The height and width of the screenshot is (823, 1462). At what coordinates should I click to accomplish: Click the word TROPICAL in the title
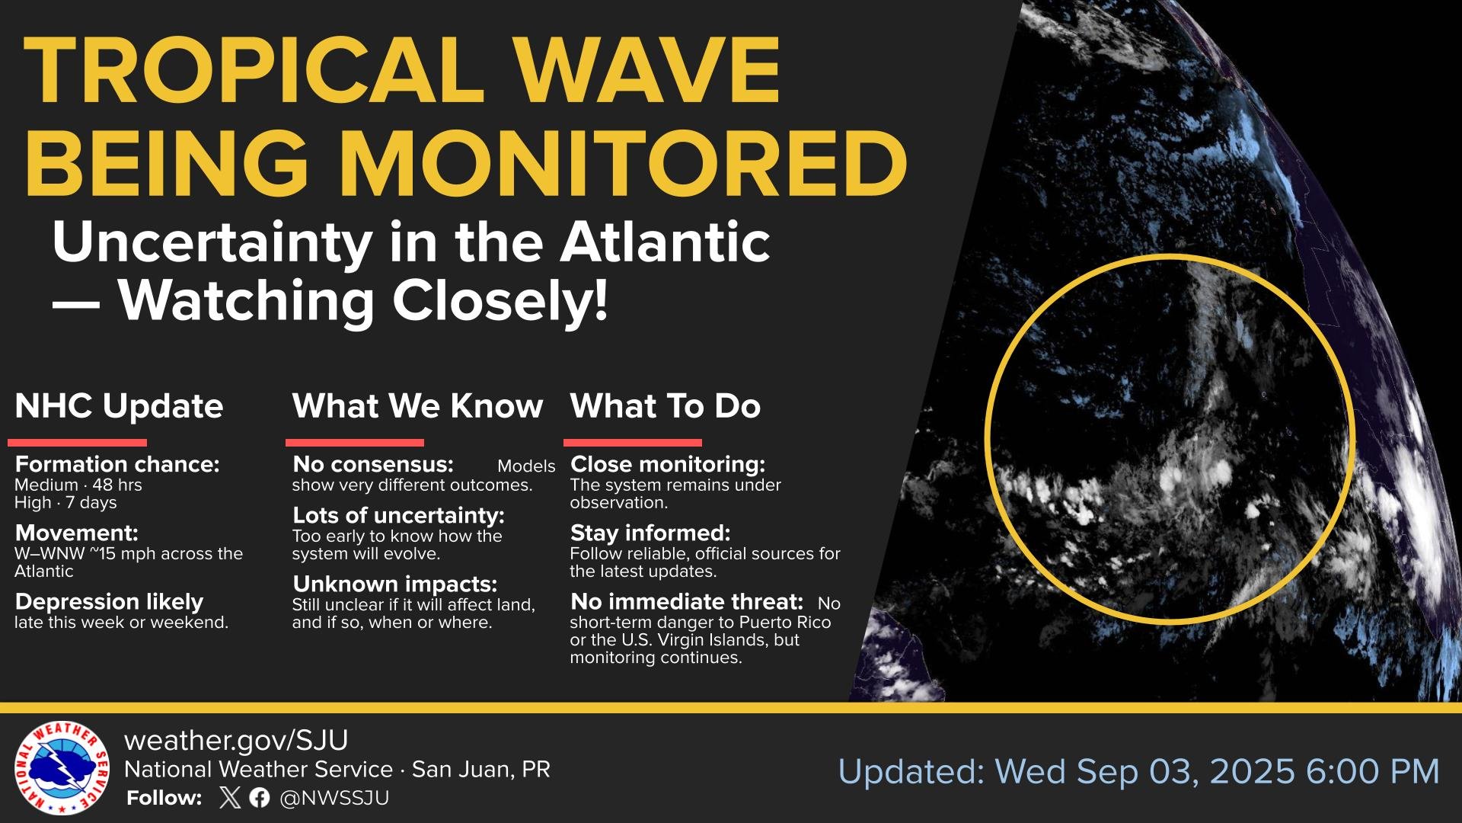256,70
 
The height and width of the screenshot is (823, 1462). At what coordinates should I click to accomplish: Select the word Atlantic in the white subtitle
665,243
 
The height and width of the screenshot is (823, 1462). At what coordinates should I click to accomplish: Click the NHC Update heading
119,406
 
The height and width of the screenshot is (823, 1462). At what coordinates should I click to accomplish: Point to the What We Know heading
417,406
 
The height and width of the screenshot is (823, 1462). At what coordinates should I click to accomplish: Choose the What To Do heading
666,406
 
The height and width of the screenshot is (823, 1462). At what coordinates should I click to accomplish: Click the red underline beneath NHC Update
77,443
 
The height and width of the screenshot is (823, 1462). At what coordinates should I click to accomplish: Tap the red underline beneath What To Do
633,443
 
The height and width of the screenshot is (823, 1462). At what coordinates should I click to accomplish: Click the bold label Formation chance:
117,465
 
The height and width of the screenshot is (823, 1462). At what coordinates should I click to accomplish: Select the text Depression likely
109,602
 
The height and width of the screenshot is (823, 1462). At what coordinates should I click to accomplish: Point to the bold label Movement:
76,533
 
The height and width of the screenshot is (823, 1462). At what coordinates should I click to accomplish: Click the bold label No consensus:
373,464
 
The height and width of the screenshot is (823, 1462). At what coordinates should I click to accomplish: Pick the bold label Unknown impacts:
394,584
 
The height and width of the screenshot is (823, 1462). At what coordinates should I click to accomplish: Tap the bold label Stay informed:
650,533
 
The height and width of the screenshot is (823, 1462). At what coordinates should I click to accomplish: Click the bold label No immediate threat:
687,602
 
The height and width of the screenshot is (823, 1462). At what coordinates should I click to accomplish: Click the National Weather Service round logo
62,768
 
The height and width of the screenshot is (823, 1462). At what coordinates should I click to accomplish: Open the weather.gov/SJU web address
236,741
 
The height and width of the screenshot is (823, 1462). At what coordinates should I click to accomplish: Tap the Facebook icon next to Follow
260,798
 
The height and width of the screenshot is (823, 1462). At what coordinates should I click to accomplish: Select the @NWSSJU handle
334,798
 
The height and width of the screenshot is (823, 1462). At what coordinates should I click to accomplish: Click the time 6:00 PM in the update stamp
1372,771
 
